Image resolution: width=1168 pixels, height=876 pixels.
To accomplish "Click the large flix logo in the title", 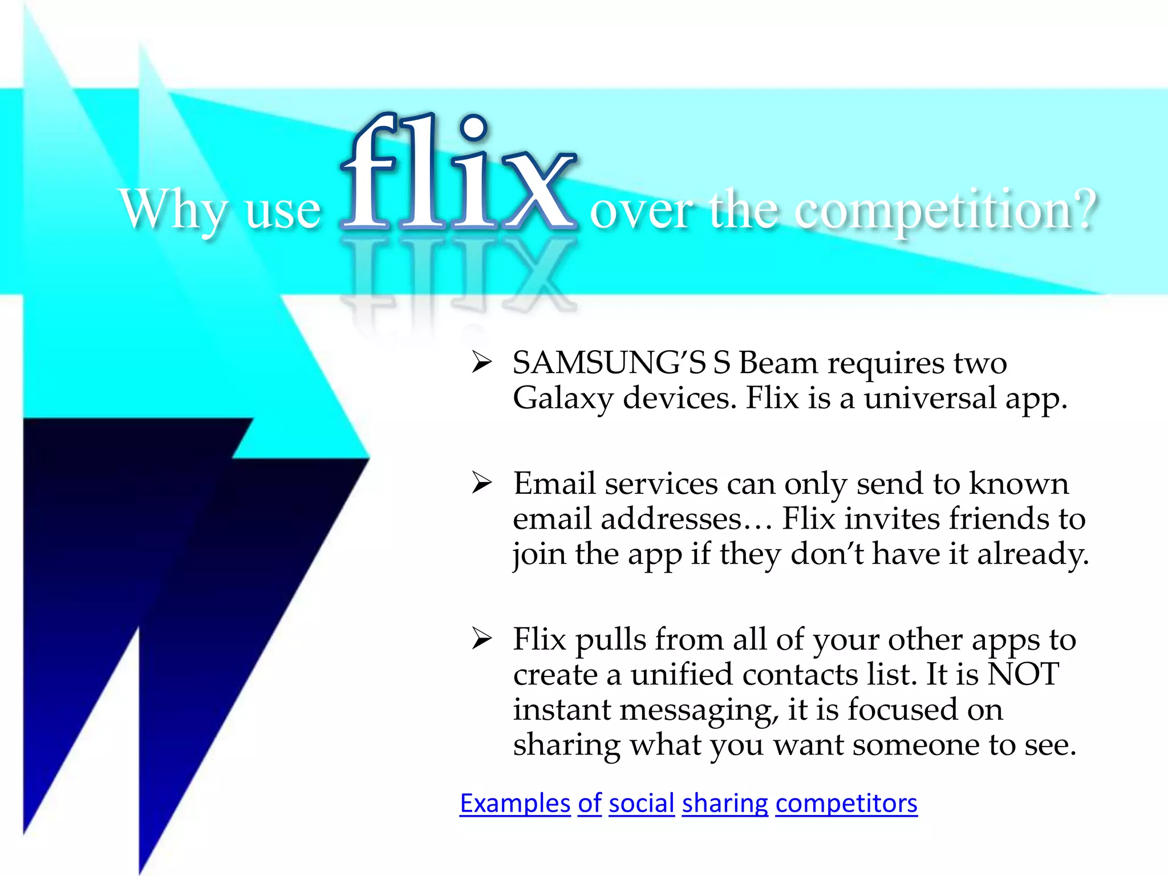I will point(459,174).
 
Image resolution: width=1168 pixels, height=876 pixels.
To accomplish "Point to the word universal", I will point(930,398).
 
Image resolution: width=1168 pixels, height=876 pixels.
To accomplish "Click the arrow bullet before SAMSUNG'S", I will point(481,363).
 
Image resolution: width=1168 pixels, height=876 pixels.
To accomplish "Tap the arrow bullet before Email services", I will point(481,484).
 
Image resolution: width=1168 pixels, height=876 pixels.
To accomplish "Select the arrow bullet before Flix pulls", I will point(481,639).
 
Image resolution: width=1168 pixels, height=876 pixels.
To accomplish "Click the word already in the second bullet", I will point(1032,554).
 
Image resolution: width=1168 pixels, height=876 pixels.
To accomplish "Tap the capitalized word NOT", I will point(1023,675).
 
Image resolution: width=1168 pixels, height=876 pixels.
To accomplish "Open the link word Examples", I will point(515,803).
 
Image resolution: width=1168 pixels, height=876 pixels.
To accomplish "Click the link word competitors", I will point(846,803).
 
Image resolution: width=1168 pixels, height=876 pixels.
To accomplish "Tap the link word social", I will point(642,803).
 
